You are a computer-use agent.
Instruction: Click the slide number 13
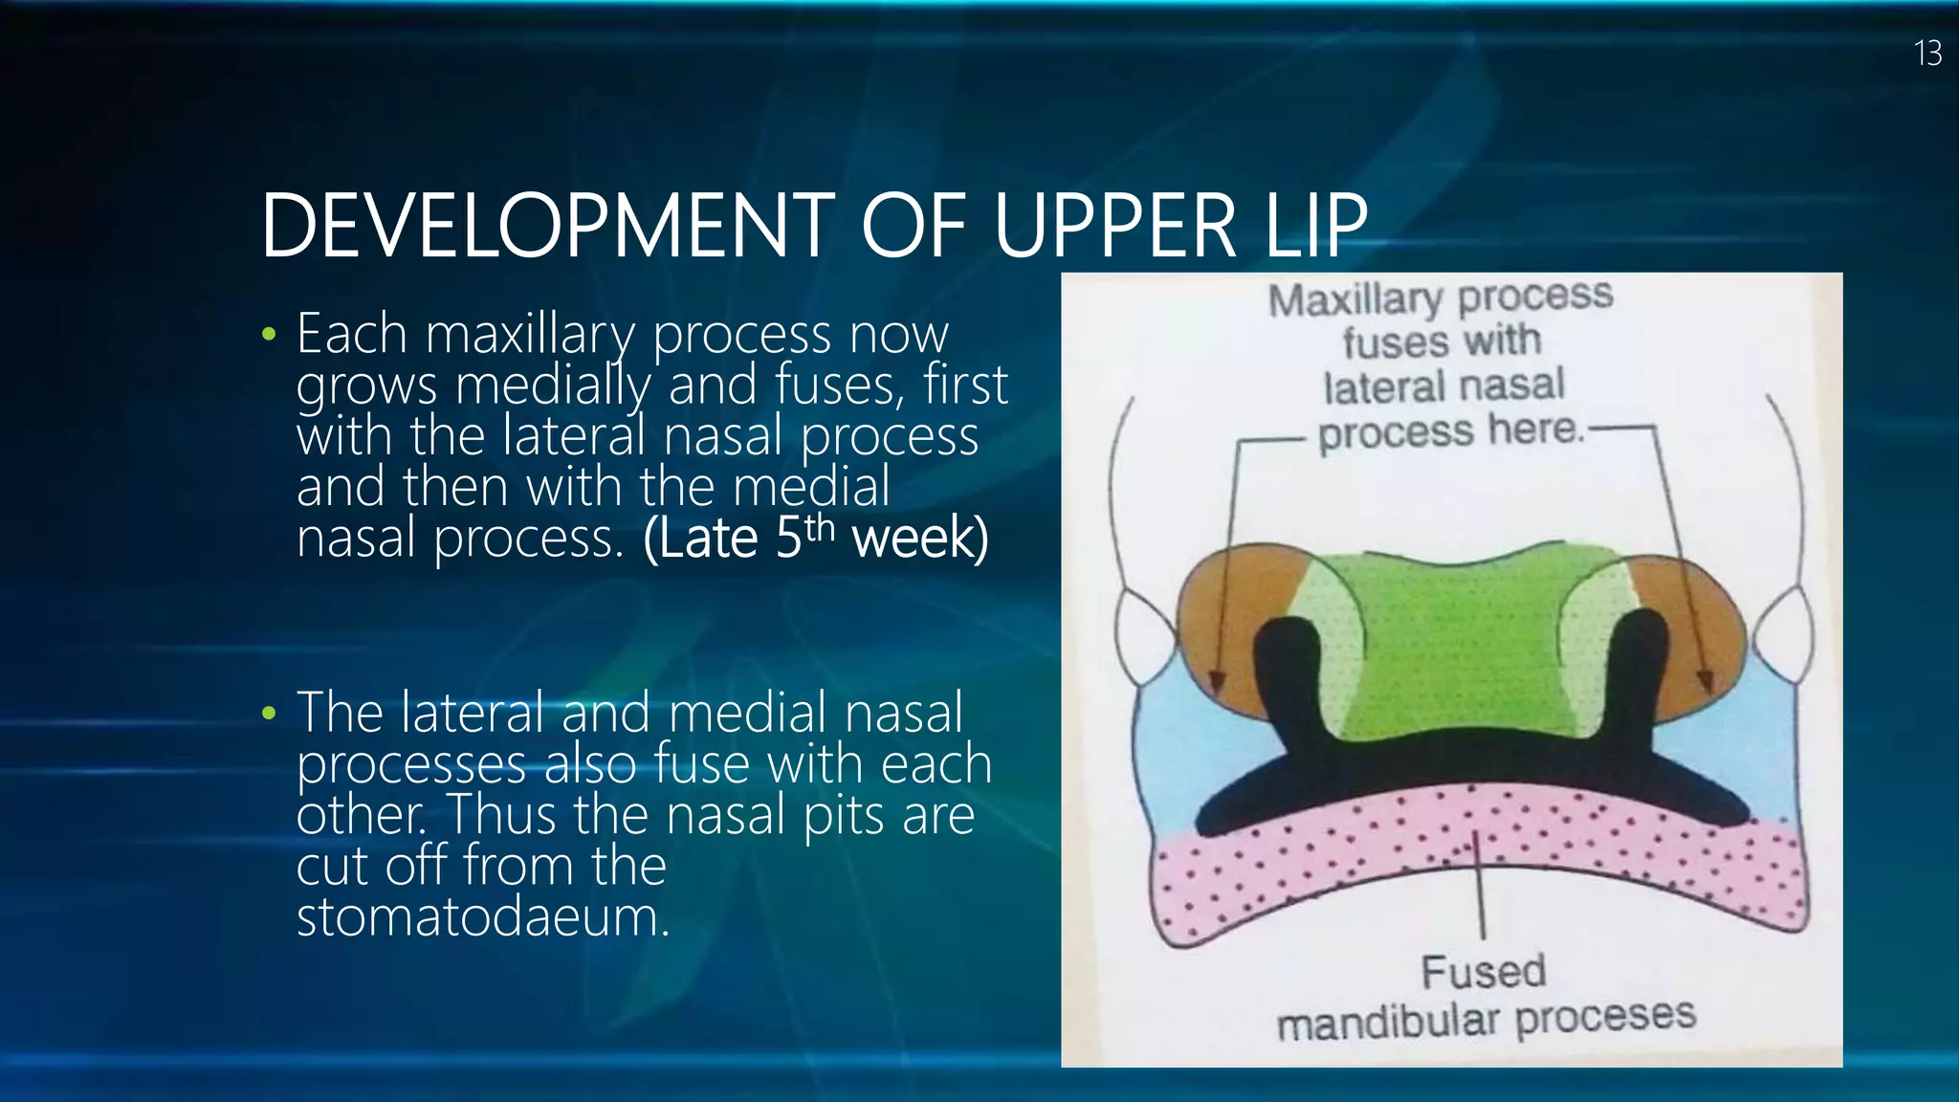pyautogui.click(x=1927, y=54)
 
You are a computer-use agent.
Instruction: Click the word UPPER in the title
pyautogui.click(x=1115, y=227)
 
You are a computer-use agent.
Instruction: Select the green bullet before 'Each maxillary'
pyautogui.click(x=269, y=335)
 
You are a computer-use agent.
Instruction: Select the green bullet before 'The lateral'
pyautogui.click(x=269, y=714)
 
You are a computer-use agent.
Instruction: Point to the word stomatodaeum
pyautogui.click(x=482, y=916)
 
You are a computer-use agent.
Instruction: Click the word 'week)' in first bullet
pyautogui.click(x=919, y=539)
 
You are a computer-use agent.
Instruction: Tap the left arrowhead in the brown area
pyautogui.click(x=1216, y=681)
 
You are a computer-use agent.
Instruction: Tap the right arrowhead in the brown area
pyautogui.click(x=1706, y=680)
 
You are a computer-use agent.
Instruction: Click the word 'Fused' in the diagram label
pyautogui.click(x=1483, y=972)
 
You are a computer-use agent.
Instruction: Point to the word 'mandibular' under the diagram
pyautogui.click(x=1389, y=1023)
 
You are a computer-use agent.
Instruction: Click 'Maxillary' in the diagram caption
pyautogui.click(x=1354, y=300)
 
